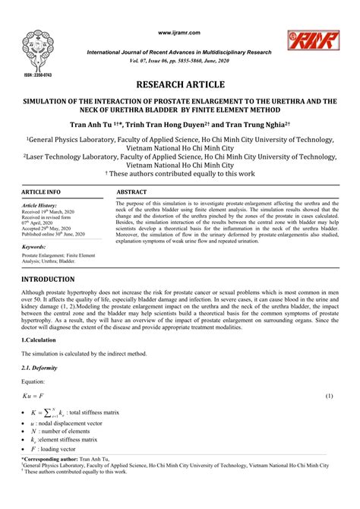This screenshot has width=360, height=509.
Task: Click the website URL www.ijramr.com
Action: (179, 33)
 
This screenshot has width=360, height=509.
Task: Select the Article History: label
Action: (41, 206)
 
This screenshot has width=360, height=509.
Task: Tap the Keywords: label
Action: (35, 248)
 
